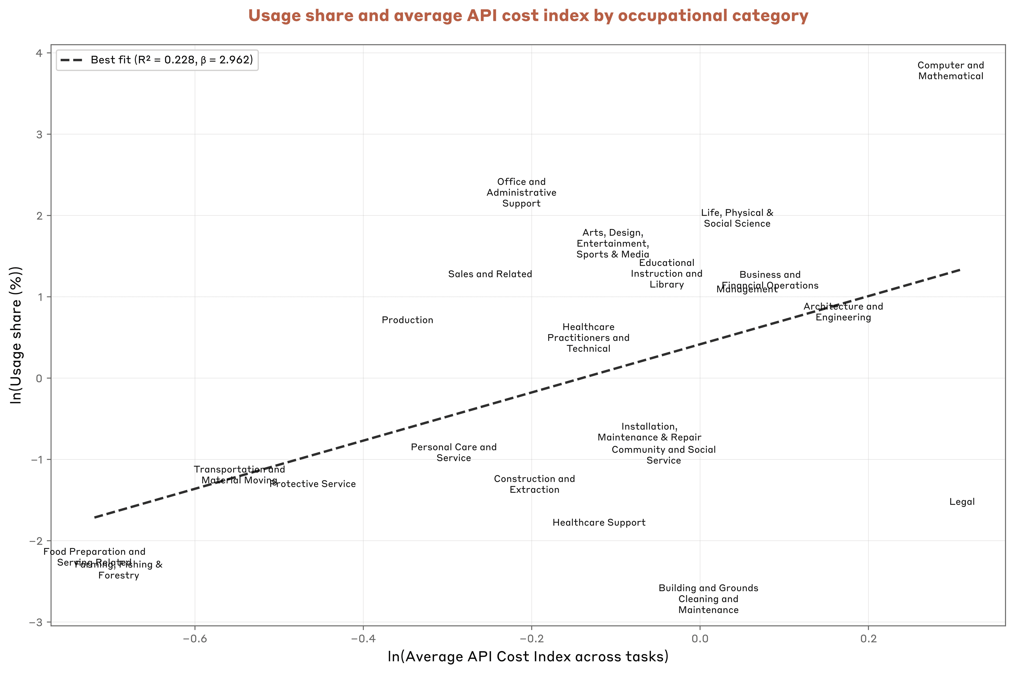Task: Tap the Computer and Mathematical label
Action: [950, 71]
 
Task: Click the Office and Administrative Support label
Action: [521, 193]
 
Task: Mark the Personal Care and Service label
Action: [454, 453]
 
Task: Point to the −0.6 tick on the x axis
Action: [195, 639]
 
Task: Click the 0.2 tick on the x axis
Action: [868, 639]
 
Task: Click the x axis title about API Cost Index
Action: [528, 657]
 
